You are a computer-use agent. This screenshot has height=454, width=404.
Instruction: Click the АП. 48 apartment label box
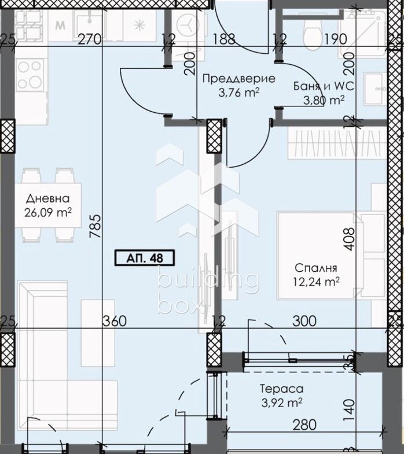point(145,258)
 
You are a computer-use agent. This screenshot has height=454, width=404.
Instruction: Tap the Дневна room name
point(48,198)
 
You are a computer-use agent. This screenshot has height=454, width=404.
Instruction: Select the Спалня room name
point(316,268)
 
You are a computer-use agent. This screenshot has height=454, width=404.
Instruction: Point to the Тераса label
point(282,389)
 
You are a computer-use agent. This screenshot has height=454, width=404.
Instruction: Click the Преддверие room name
point(238,79)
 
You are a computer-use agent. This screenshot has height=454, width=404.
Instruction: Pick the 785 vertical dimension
point(96,226)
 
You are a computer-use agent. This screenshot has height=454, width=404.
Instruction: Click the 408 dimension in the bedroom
point(349,239)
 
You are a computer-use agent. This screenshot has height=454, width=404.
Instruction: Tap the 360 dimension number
point(115,321)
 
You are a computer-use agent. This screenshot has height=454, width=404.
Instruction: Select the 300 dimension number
point(304,321)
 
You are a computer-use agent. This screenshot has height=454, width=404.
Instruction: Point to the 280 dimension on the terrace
point(304,425)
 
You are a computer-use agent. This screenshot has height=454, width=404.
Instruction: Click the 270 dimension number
point(90,39)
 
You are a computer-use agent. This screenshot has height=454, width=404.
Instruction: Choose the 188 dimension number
point(225,39)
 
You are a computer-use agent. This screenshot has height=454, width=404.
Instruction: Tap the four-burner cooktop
point(30,75)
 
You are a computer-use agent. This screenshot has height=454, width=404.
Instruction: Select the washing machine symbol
point(188,24)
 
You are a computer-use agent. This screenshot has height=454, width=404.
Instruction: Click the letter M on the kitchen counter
point(60,25)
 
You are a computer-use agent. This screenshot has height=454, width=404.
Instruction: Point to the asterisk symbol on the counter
point(139,25)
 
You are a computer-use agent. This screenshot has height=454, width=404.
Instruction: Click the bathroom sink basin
point(375,88)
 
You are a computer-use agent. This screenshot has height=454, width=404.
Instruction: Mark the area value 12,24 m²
point(316,282)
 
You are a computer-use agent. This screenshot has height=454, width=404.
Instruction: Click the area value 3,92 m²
point(282,403)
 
